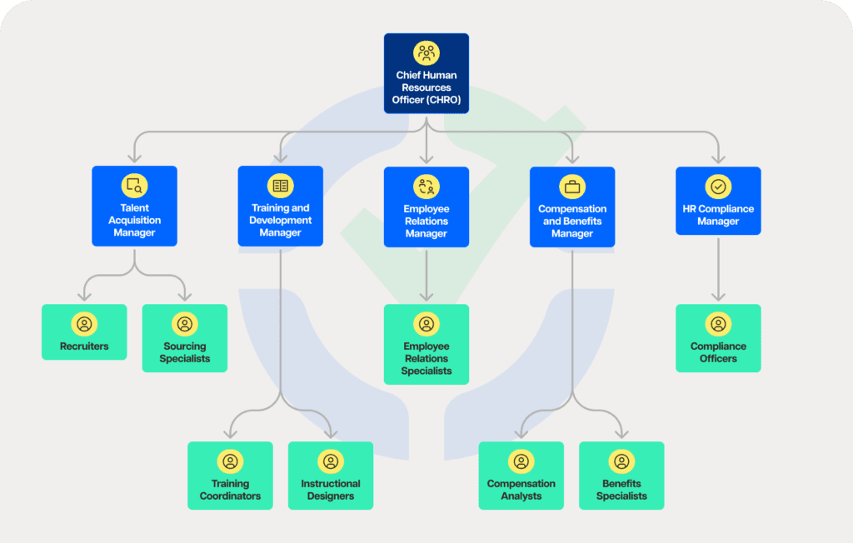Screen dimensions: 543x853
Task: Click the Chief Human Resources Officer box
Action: click(426, 75)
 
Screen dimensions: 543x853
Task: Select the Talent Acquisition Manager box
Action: click(134, 207)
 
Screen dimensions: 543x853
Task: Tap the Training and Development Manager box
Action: click(280, 207)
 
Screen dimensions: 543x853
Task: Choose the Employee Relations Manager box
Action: click(426, 207)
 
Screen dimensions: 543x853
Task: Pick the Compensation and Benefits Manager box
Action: click(572, 207)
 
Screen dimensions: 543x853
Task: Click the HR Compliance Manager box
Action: click(718, 201)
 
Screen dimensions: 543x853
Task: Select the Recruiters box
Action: click(84, 332)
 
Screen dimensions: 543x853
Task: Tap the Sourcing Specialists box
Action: click(185, 338)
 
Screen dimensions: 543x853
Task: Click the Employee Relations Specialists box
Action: click(426, 344)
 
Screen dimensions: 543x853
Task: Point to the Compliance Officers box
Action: click(718, 338)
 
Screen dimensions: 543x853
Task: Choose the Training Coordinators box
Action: click(230, 476)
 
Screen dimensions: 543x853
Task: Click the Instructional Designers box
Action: click(331, 476)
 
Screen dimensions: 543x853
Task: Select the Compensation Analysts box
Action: click(521, 476)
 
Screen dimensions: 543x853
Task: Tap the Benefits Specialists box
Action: click(621, 476)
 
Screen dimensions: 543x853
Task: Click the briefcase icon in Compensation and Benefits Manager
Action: click(572, 186)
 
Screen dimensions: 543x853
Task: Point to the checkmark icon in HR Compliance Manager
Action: click(718, 187)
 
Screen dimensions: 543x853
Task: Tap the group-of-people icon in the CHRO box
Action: click(426, 53)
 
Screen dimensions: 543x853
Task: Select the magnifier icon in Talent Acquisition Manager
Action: click(134, 186)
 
